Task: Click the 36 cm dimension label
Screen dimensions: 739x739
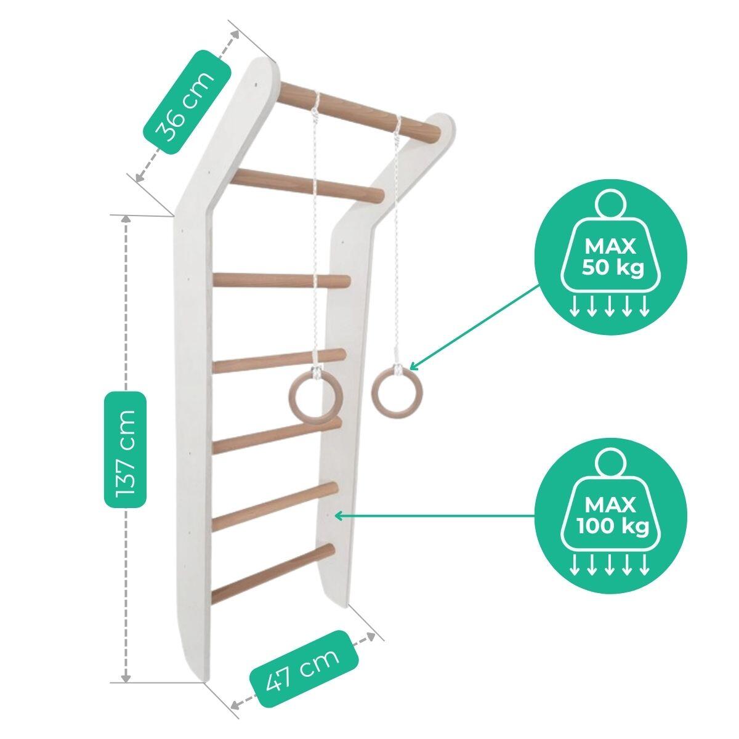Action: pyautogui.click(x=187, y=102)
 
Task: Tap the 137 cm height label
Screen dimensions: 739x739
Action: pyautogui.click(x=126, y=450)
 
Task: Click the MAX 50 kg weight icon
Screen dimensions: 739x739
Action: pyautogui.click(x=610, y=256)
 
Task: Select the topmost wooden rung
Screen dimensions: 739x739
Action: pyautogui.click(x=359, y=109)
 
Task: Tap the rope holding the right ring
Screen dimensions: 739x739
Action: pyautogui.click(x=397, y=241)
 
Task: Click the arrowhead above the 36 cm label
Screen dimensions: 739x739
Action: pyautogui.click(x=235, y=34)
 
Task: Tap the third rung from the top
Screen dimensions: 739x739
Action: pyautogui.click(x=281, y=281)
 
